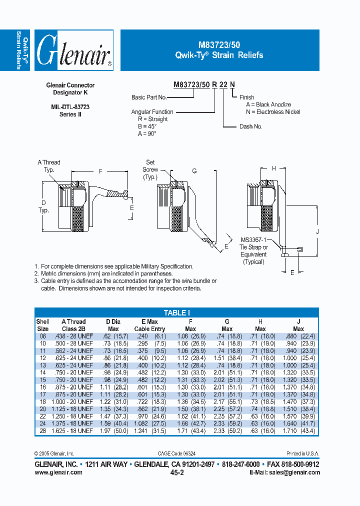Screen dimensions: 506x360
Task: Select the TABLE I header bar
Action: tap(176, 312)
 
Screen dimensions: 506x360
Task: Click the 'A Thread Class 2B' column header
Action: tap(73, 325)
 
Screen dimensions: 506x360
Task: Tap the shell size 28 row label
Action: tap(42, 430)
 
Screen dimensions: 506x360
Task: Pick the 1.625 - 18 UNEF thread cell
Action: tap(73, 430)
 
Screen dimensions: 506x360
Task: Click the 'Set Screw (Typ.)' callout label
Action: tap(150, 169)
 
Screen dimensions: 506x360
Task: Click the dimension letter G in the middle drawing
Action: tap(194, 171)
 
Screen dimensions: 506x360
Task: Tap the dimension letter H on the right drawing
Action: tap(273, 168)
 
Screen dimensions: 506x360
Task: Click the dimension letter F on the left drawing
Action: tap(100, 171)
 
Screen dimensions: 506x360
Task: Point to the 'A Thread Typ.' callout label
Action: tap(49, 166)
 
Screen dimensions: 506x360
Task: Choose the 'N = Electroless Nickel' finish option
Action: tap(273, 111)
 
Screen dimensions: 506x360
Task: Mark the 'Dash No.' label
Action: tap(251, 126)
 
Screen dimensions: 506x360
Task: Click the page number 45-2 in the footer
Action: tap(177, 472)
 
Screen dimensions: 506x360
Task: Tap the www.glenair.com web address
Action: tap(58, 472)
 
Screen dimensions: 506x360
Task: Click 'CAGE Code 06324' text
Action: tap(177, 453)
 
